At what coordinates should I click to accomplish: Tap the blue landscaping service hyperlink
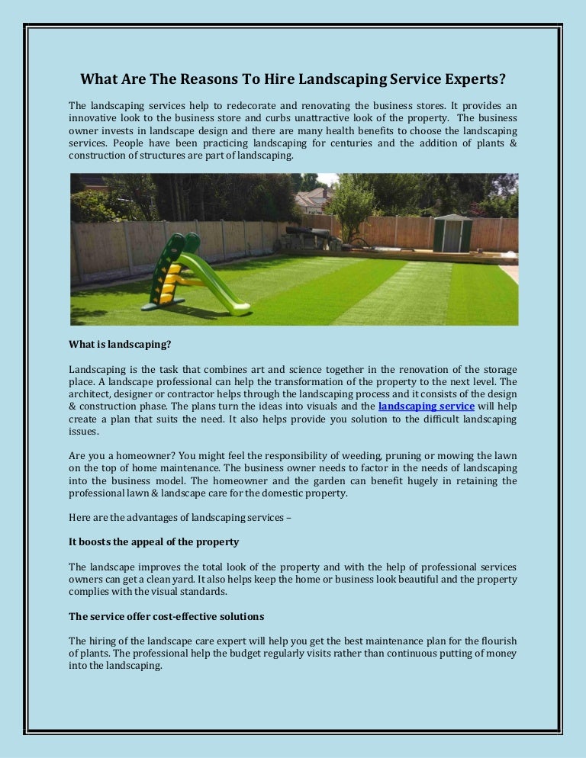426,406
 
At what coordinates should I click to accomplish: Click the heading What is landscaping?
119,344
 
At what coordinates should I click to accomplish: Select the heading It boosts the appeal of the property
153,541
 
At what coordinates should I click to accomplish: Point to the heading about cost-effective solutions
166,615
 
